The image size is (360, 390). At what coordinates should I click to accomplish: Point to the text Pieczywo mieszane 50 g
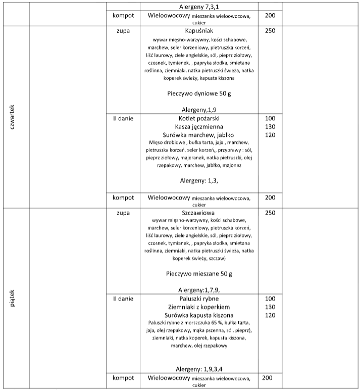[199, 274]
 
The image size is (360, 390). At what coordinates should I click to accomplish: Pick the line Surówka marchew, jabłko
[199, 135]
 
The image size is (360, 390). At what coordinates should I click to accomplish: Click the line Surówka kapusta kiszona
[199, 315]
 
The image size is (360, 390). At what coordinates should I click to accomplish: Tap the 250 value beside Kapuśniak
[270, 31]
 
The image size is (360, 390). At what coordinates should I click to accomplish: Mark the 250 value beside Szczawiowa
[270, 213]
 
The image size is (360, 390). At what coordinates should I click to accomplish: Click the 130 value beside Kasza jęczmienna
[270, 127]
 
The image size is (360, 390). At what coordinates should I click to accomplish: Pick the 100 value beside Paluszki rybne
[270, 299]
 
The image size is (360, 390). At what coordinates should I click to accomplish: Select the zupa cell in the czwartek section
[123, 31]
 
